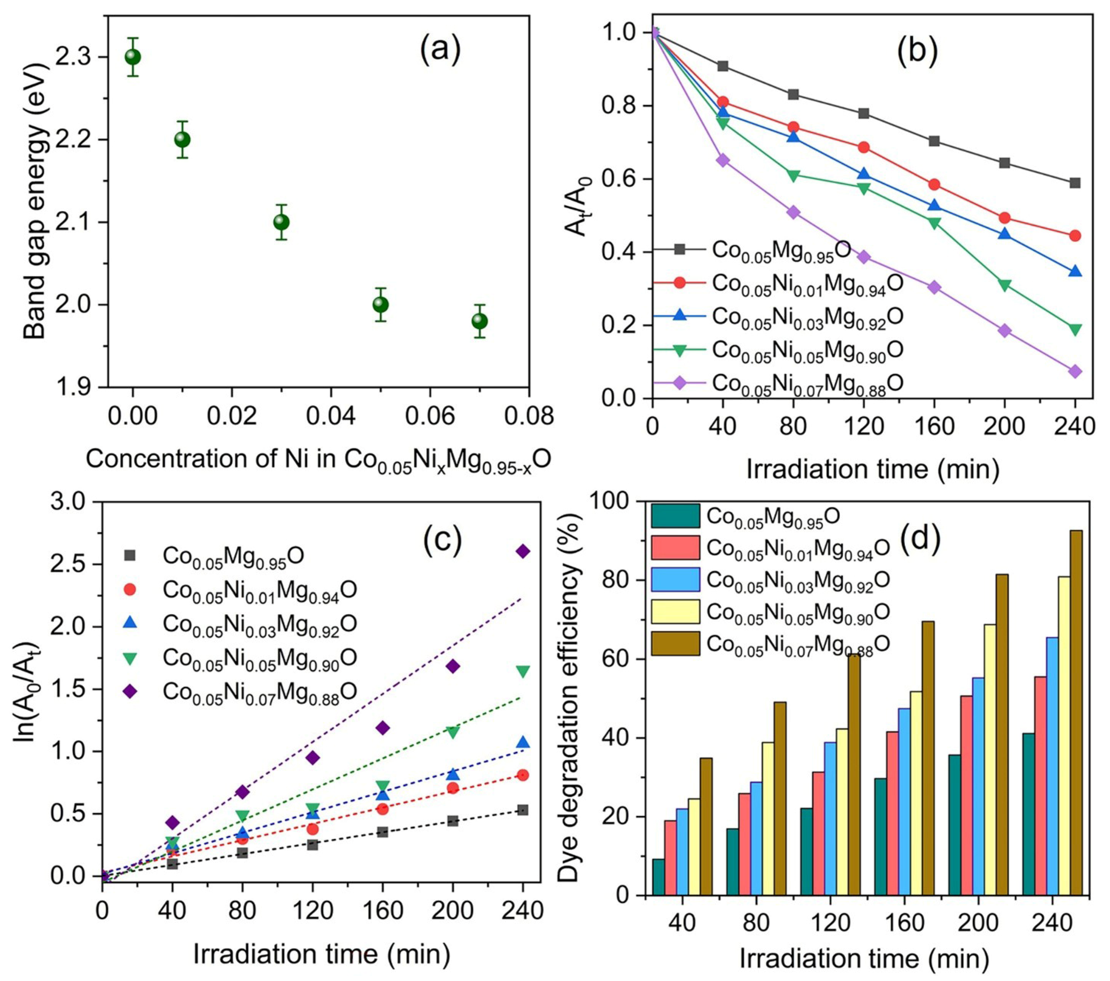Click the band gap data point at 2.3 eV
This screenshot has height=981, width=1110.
click(x=133, y=57)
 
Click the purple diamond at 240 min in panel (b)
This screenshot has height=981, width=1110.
click(x=1075, y=371)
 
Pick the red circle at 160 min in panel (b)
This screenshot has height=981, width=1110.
click(x=934, y=185)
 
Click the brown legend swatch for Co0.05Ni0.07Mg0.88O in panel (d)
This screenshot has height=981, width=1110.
click(x=675, y=643)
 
